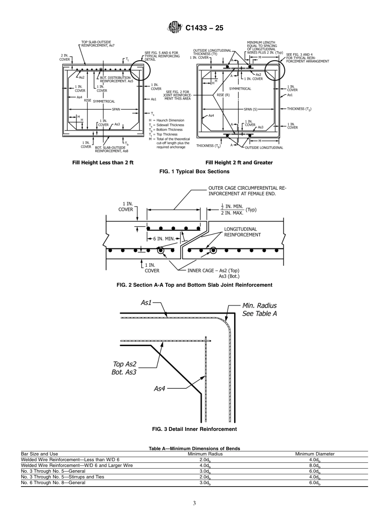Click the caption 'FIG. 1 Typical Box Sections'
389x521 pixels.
click(194, 172)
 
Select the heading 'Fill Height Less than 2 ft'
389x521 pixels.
click(103, 163)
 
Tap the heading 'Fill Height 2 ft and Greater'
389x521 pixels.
click(239, 163)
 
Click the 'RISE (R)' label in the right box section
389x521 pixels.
click(223, 95)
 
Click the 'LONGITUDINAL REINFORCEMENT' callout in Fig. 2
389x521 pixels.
click(242, 232)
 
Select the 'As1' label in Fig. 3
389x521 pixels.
click(146, 303)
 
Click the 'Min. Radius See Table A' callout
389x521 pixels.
click(259, 309)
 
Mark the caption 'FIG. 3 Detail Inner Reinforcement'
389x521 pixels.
click(194, 429)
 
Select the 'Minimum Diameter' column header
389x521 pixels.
click(315, 454)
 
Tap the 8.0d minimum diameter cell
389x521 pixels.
click(315, 466)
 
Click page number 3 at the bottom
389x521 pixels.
click(194, 503)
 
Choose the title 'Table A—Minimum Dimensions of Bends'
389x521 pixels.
click(194, 449)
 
